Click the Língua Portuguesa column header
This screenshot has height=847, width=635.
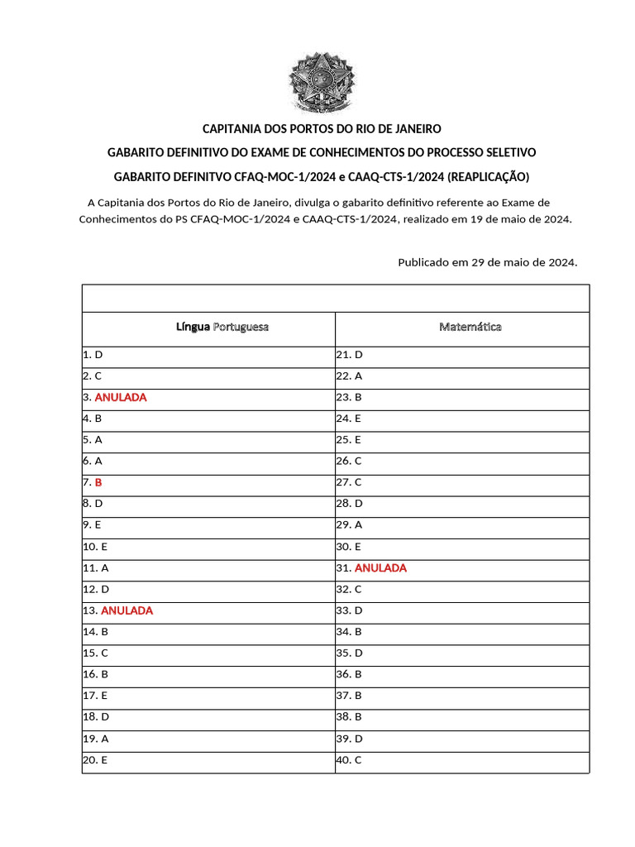[x=222, y=327]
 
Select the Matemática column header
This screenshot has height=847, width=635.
[x=470, y=327]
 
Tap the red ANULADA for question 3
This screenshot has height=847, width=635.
[x=121, y=397]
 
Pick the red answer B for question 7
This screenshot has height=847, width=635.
[x=98, y=482]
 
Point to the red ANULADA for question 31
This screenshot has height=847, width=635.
[x=380, y=568]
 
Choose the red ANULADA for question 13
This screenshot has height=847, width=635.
[x=127, y=610]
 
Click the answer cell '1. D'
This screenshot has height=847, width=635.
[x=93, y=354]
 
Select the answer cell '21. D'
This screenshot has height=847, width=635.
[x=350, y=354]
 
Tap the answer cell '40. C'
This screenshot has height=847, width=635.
[x=349, y=759]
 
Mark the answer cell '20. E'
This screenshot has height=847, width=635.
[x=95, y=759]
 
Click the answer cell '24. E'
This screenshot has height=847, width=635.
[x=349, y=419]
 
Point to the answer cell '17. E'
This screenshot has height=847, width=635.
[x=95, y=696]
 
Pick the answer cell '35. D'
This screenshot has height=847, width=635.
[x=350, y=653]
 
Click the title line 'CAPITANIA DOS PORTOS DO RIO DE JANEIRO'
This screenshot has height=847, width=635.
[x=322, y=129]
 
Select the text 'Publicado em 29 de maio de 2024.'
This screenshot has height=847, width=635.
[x=488, y=262]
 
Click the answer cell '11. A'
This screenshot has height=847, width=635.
[x=96, y=568]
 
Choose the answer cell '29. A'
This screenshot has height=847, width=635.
[x=349, y=525]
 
